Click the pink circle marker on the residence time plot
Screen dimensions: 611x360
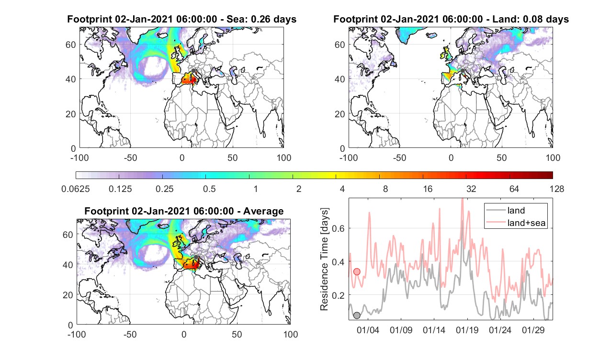357,271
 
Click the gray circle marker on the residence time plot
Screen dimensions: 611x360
357,315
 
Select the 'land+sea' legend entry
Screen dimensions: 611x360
516,223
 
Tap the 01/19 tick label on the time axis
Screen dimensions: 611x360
467,330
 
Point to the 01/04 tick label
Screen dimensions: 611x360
368,330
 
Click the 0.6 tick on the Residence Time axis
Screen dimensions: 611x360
338,228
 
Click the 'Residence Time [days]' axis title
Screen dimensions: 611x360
324,259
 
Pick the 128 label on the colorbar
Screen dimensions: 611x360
557,189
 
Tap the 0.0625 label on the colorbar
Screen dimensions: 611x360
76,189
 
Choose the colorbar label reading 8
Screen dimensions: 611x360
385,189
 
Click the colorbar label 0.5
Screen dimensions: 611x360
209,189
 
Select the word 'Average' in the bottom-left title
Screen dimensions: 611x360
263,211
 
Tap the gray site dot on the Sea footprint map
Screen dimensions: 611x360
193,71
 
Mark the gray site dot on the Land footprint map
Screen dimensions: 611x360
463,71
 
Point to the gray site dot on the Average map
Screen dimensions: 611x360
196,257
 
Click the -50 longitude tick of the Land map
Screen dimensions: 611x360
399,157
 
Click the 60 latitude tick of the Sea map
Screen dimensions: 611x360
70,45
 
